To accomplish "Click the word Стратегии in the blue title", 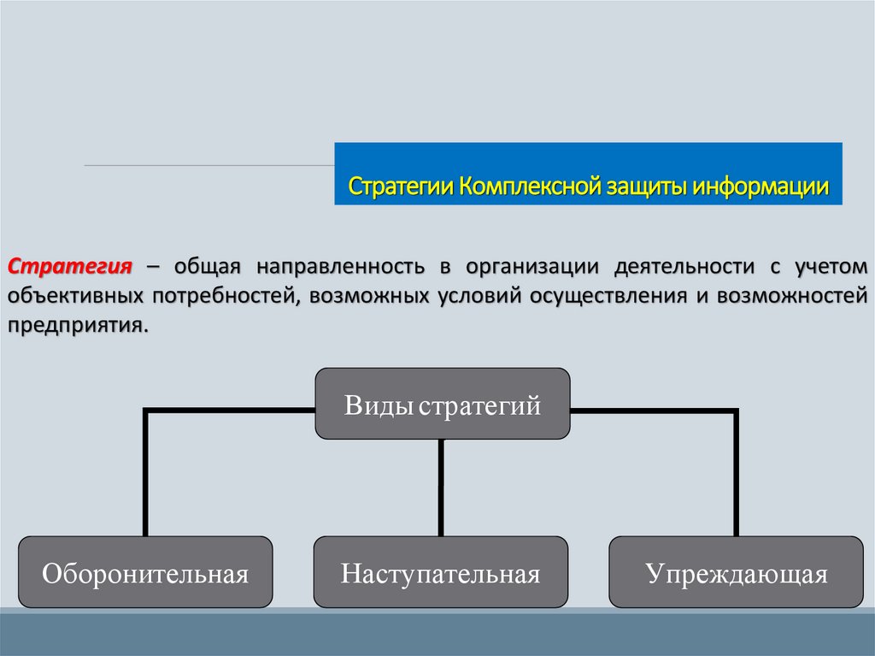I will click(402, 186).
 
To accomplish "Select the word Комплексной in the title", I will click(530, 186).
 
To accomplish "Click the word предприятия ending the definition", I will click(75, 327).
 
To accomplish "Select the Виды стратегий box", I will click(443, 404).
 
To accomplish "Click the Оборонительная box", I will click(145, 572).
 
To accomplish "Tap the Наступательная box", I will click(441, 572).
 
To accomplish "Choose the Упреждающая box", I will click(737, 572).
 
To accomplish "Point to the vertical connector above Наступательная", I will click(442, 488).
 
